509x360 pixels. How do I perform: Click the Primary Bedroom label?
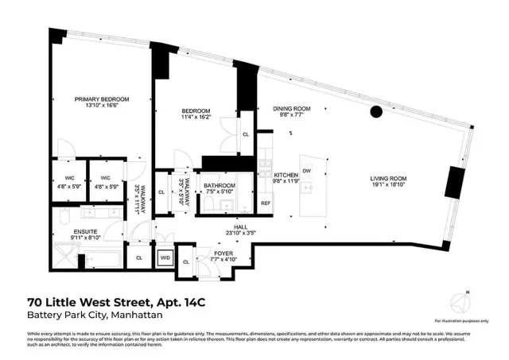pyautogui.click(x=102, y=99)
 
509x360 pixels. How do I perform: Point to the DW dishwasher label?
pyautogui.click(x=306, y=170)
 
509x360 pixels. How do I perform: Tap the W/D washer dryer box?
pyautogui.click(x=165, y=257)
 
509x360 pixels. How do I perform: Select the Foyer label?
pyautogui.click(x=223, y=252)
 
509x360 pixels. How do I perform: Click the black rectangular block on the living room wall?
pyautogui.click(x=457, y=182)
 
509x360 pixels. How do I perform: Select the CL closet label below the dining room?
pyautogui.click(x=246, y=135)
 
